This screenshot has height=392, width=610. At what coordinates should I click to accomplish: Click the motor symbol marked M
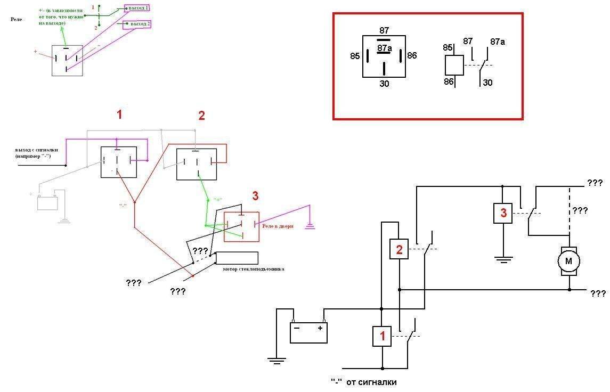pos(568,261)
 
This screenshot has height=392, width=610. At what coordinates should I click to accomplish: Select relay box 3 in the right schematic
pos(502,213)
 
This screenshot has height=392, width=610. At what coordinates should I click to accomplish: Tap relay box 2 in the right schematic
pos(399,249)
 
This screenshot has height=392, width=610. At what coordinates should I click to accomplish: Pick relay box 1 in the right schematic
pos(382,336)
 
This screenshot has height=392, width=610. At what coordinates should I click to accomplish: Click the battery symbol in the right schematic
pos(308,331)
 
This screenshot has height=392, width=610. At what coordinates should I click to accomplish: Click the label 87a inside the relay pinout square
pos(384,48)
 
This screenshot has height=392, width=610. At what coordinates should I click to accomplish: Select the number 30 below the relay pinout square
pos(384,84)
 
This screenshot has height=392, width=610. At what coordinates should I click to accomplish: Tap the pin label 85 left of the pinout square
pos(355,56)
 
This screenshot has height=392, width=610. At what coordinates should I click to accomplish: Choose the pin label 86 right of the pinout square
pos(412,55)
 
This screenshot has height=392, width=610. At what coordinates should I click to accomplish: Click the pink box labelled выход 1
pos(136,9)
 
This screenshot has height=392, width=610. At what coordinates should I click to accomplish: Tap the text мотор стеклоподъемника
pos(253,269)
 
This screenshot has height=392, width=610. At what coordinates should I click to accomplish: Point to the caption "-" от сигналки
pos(364,382)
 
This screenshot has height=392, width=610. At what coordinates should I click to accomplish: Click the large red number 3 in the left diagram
pos(255,196)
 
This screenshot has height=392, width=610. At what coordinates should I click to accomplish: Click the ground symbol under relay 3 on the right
pos(503,259)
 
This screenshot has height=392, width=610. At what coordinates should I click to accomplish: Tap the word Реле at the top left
pos(17,19)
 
